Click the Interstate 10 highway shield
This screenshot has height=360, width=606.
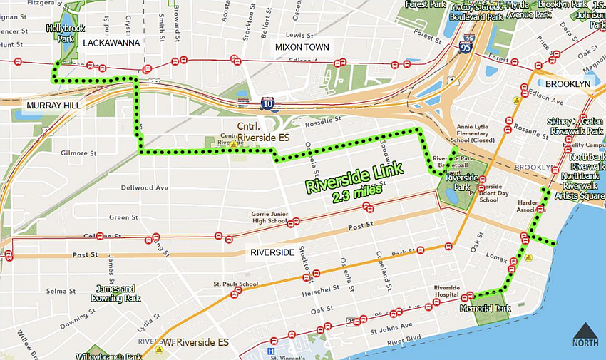(267, 105)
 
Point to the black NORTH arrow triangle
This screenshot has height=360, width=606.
(585, 330)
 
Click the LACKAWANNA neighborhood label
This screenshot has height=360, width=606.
(111, 43)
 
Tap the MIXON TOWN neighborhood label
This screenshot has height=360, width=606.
(302, 48)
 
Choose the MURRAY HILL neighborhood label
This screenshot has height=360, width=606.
(53, 106)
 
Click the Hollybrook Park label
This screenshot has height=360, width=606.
(60, 33)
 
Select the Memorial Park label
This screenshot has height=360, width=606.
(486, 309)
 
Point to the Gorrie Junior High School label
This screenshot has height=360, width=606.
(269, 217)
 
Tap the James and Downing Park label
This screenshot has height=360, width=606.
(113, 293)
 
